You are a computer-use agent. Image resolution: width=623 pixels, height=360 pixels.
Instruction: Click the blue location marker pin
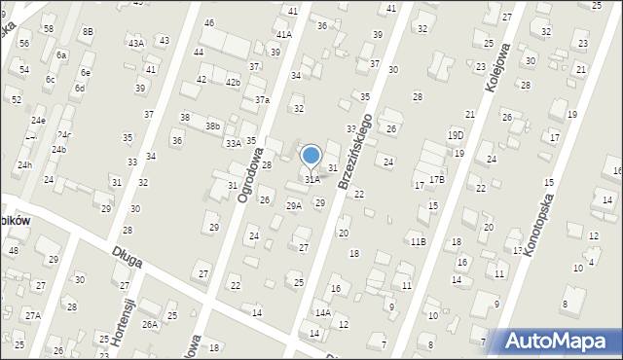[311, 156]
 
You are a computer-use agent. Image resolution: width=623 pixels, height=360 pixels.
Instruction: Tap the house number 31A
[311, 179]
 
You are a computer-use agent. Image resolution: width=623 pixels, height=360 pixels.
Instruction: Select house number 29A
[293, 205]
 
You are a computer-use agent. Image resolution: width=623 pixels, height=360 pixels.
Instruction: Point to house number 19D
[456, 135]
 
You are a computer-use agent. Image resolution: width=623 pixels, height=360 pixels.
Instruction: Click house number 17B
[437, 179]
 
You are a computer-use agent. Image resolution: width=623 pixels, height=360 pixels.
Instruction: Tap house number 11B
[418, 241]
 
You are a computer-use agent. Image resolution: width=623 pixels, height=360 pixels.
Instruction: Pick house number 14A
[323, 312]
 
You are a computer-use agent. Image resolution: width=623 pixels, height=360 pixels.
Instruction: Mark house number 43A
[136, 43]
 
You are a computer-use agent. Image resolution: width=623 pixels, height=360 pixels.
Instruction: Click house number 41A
[283, 33]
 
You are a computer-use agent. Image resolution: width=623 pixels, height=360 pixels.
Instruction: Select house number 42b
[233, 82]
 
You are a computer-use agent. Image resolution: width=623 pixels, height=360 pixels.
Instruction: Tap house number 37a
[262, 100]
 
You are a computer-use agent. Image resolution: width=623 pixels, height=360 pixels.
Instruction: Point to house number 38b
[212, 126]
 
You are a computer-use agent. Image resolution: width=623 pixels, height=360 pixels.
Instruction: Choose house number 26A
[149, 324]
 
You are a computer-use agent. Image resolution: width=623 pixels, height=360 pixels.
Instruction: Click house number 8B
[88, 31]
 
